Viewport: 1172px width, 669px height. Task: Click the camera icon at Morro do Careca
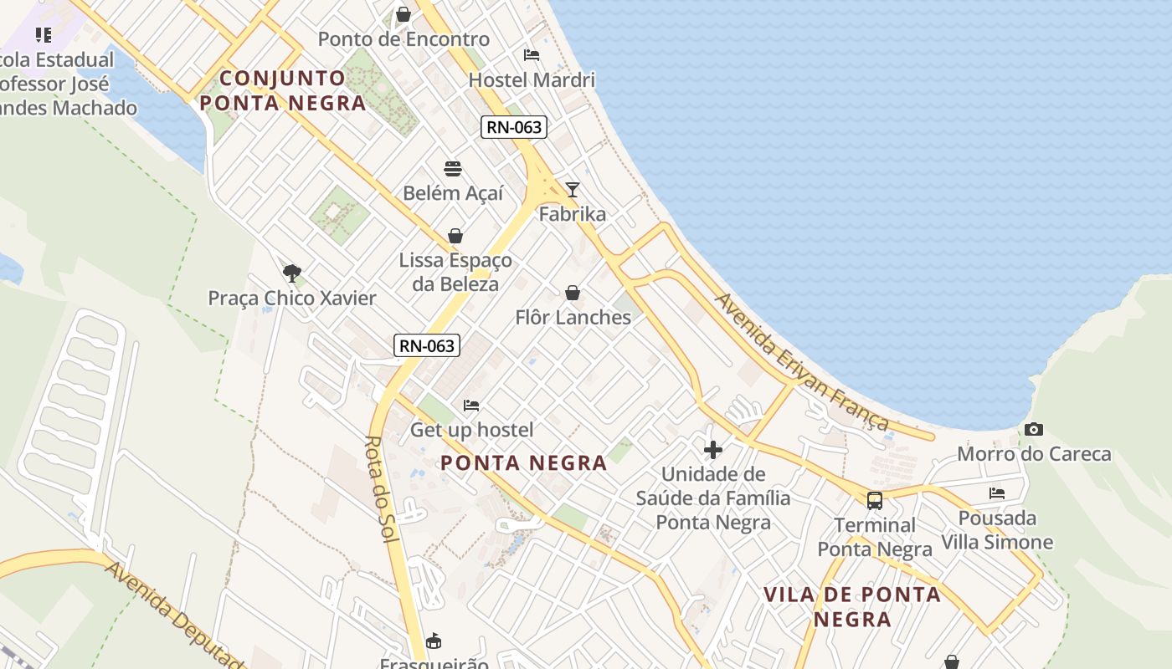tap(1034, 429)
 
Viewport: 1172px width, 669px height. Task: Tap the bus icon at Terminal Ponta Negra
tap(875, 501)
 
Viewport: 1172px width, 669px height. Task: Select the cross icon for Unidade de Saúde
tap(713, 450)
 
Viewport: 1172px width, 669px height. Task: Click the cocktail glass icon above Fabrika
tap(573, 189)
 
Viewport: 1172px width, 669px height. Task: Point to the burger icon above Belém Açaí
tap(453, 169)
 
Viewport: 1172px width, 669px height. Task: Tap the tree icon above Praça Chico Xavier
tap(291, 273)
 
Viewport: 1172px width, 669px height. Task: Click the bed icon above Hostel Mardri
tap(532, 55)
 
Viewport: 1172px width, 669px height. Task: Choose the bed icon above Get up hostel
tap(471, 406)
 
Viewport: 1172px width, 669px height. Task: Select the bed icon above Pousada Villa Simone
tap(997, 493)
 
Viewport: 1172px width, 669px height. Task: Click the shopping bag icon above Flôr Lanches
tap(573, 293)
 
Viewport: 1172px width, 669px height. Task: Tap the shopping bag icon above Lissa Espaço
tap(455, 236)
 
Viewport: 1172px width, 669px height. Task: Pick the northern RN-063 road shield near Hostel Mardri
tap(514, 127)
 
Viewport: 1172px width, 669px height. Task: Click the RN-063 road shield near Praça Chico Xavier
tap(427, 345)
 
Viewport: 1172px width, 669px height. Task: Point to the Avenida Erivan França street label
tap(802, 361)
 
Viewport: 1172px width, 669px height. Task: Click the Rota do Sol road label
tap(382, 489)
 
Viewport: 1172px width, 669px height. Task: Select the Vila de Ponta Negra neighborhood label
tap(852, 606)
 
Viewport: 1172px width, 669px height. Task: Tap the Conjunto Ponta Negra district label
tap(283, 90)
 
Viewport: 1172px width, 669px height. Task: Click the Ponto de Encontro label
tap(404, 39)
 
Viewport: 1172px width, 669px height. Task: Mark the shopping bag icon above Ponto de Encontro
tap(404, 14)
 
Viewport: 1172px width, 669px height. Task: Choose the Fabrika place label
tap(573, 214)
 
